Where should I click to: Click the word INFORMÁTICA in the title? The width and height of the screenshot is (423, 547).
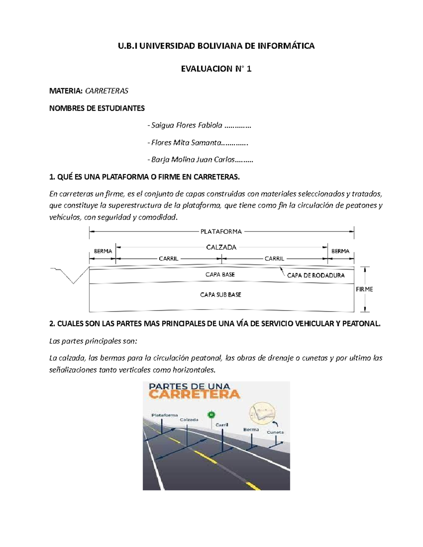click(x=285, y=46)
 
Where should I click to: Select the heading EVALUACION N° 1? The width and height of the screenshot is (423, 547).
click(x=216, y=69)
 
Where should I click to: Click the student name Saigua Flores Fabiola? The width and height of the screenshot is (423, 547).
click(x=187, y=125)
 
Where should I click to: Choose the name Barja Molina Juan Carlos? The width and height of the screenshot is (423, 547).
click(x=193, y=160)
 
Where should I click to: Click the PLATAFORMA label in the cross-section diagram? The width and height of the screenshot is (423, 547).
click(x=221, y=231)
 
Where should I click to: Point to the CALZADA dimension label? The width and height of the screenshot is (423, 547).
click(x=221, y=247)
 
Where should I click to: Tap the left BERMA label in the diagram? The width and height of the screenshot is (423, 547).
click(x=103, y=251)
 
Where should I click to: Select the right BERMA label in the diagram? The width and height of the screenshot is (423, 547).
click(x=340, y=251)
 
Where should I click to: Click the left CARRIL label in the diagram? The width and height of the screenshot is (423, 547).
click(x=168, y=259)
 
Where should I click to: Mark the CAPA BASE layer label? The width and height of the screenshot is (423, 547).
click(x=220, y=274)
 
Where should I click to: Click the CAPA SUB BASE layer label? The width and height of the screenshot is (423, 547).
click(x=221, y=295)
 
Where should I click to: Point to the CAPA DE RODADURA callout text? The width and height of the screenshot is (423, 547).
click(x=315, y=275)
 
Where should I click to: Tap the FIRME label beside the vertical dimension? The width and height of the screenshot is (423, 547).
click(x=364, y=289)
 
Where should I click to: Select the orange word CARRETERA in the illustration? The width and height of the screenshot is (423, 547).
click(x=194, y=394)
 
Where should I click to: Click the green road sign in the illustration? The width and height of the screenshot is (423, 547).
click(x=211, y=415)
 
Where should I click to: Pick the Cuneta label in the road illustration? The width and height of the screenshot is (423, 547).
click(x=275, y=432)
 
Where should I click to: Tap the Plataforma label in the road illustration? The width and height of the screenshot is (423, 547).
click(x=165, y=415)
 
